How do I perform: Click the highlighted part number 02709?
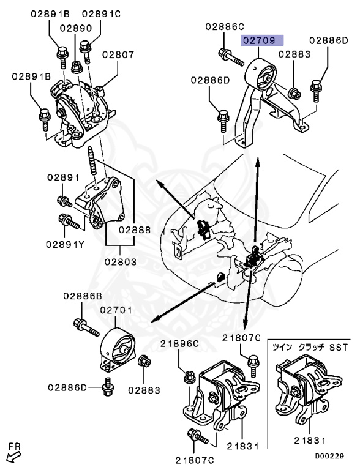click(x=262, y=40)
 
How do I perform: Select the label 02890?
click(x=75, y=28)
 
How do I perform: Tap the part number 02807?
click(x=118, y=54)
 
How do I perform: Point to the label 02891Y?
click(x=65, y=244)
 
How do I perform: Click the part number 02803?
click(x=121, y=262)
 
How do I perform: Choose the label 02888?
click(x=135, y=230)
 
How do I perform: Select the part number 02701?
click(x=116, y=310)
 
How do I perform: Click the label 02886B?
click(x=83, y=296)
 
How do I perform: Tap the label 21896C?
click(x=179, y=344)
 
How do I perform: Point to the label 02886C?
click(x=225, y=27)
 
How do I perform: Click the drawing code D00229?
click(x=329, y=456)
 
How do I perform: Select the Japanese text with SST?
click(x=310, y=348)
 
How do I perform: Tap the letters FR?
click(x=15, y=447)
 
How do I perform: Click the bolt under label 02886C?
click(x=231, y=58)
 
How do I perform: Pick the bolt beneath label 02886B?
click(x=86, y=327)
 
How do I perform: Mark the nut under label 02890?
click(x=77, y=67)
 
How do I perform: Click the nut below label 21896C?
click(x=189, y=376)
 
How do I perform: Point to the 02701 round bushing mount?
click(x=117, y=351)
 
